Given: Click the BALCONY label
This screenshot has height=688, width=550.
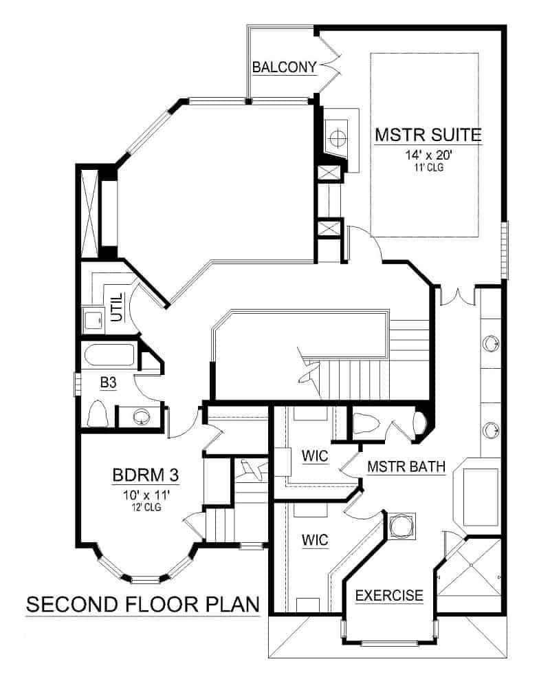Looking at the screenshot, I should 284,67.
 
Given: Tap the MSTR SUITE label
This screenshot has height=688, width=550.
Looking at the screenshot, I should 427,134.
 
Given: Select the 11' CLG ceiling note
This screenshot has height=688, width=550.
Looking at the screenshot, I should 427,167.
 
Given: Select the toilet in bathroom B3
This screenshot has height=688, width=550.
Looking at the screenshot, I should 99,415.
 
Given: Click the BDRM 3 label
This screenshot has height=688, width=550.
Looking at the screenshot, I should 145,476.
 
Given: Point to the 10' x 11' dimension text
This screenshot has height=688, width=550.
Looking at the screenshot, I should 145,493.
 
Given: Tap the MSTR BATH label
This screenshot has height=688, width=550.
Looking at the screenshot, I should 406,466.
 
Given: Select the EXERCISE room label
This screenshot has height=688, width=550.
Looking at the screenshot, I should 388,595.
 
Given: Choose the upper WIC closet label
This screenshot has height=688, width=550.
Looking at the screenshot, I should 313,456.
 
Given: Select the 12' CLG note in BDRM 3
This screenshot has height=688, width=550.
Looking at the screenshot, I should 145,507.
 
